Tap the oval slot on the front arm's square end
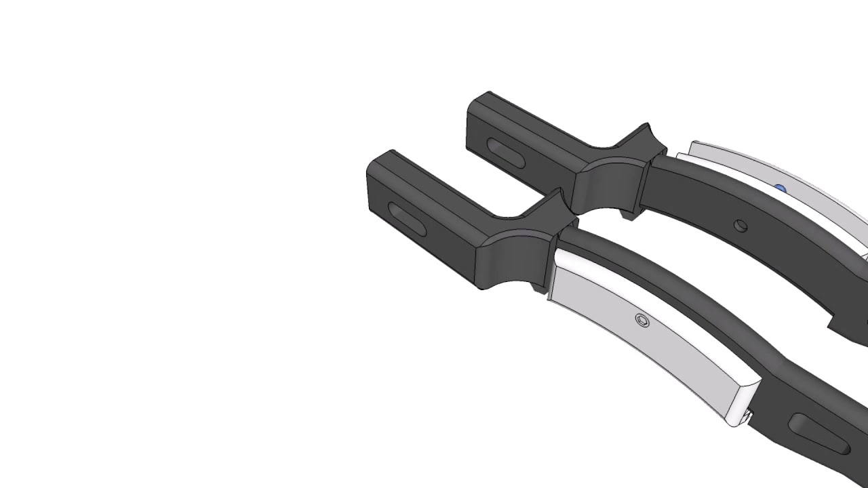(405, 218)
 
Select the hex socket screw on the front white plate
(642, 321)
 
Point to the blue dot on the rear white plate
(781, 189)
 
